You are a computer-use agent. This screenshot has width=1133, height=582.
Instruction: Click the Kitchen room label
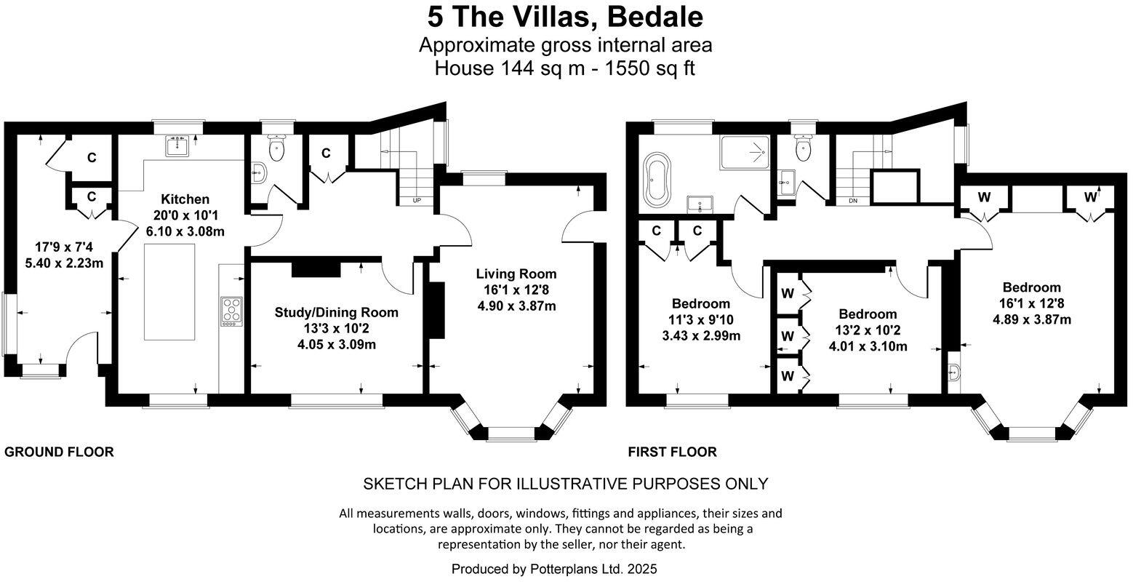(185, 199)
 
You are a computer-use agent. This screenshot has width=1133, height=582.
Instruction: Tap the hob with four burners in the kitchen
(231, 310)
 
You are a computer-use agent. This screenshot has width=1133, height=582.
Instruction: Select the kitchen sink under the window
(178, 146)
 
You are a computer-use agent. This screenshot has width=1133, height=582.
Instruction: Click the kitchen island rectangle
(169, 292)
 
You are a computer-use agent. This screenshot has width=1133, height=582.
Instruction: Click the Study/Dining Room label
(336, 312)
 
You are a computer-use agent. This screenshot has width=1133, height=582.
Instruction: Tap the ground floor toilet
(276, 149)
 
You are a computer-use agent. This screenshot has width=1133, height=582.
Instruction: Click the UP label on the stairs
(417, 201)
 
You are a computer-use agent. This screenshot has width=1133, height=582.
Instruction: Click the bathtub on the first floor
(659, 178)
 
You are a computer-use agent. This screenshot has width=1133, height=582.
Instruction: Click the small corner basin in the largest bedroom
(955, 372)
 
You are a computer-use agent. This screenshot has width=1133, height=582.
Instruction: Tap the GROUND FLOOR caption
(59, 452)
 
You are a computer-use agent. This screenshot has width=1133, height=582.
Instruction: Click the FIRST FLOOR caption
(672, 452)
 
